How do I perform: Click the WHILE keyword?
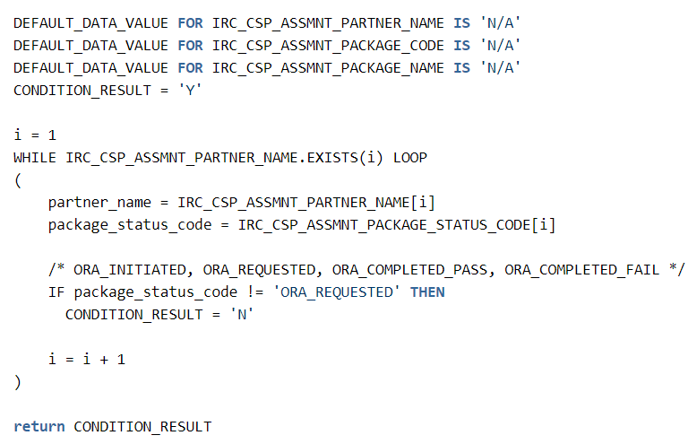(36, 158)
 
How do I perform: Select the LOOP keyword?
(410, 158)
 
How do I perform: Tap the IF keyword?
(56, 292)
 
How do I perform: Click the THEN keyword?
(427, 292)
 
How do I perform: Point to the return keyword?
(39, 427)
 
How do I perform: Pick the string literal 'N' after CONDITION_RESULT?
(244, 315)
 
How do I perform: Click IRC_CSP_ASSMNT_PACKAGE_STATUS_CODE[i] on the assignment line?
(397, 225)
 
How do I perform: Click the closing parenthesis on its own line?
(17, 382)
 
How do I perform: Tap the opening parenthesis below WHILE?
(17, 180)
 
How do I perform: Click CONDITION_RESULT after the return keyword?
(142, 427)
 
